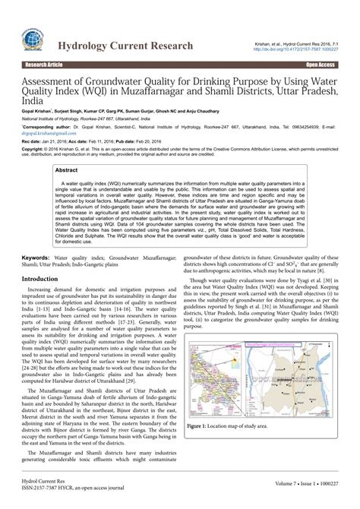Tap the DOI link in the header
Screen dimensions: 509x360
tap(303, 50)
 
